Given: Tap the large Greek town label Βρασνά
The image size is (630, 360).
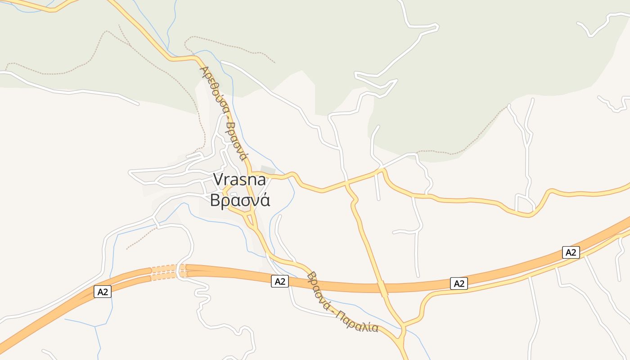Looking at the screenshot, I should (x=240, y=200).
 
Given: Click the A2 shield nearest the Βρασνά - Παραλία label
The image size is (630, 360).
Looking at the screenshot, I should (x=280, y=282).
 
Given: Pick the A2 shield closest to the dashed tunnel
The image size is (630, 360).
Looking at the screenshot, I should (x=103, y=292).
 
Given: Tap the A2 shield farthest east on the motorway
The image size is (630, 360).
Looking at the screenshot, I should (x=571, y=252).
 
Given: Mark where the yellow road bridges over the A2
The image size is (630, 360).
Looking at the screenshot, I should (x=383, y=288).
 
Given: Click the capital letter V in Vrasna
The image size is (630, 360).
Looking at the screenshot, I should (x=218, y=180).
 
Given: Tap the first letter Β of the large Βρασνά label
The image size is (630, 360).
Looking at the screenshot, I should (x=216, y=200).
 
